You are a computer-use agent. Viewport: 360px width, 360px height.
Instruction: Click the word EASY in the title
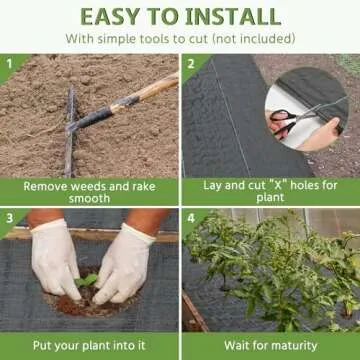(119, 16)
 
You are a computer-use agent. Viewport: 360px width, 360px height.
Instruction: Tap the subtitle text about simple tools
(180, 39)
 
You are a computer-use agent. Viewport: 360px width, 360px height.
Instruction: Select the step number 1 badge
(10, 63)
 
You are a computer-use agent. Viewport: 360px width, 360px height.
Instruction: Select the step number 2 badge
(192, 63)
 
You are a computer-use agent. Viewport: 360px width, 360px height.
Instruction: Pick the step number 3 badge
(10, 217)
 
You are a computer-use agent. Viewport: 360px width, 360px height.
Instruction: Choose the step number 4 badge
(192, 217)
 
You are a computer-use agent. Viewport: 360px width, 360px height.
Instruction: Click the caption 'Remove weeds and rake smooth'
(89, 192)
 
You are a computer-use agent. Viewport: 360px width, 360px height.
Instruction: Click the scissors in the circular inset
(286, 122)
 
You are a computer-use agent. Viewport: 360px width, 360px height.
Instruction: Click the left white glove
(55, 258)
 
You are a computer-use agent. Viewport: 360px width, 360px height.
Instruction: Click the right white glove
(125, 262)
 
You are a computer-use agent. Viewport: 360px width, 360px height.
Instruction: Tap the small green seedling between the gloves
(89, 281)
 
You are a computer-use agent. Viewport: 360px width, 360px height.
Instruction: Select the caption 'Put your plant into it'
(89, 346)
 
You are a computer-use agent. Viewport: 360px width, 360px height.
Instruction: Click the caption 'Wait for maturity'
(269, 346)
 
